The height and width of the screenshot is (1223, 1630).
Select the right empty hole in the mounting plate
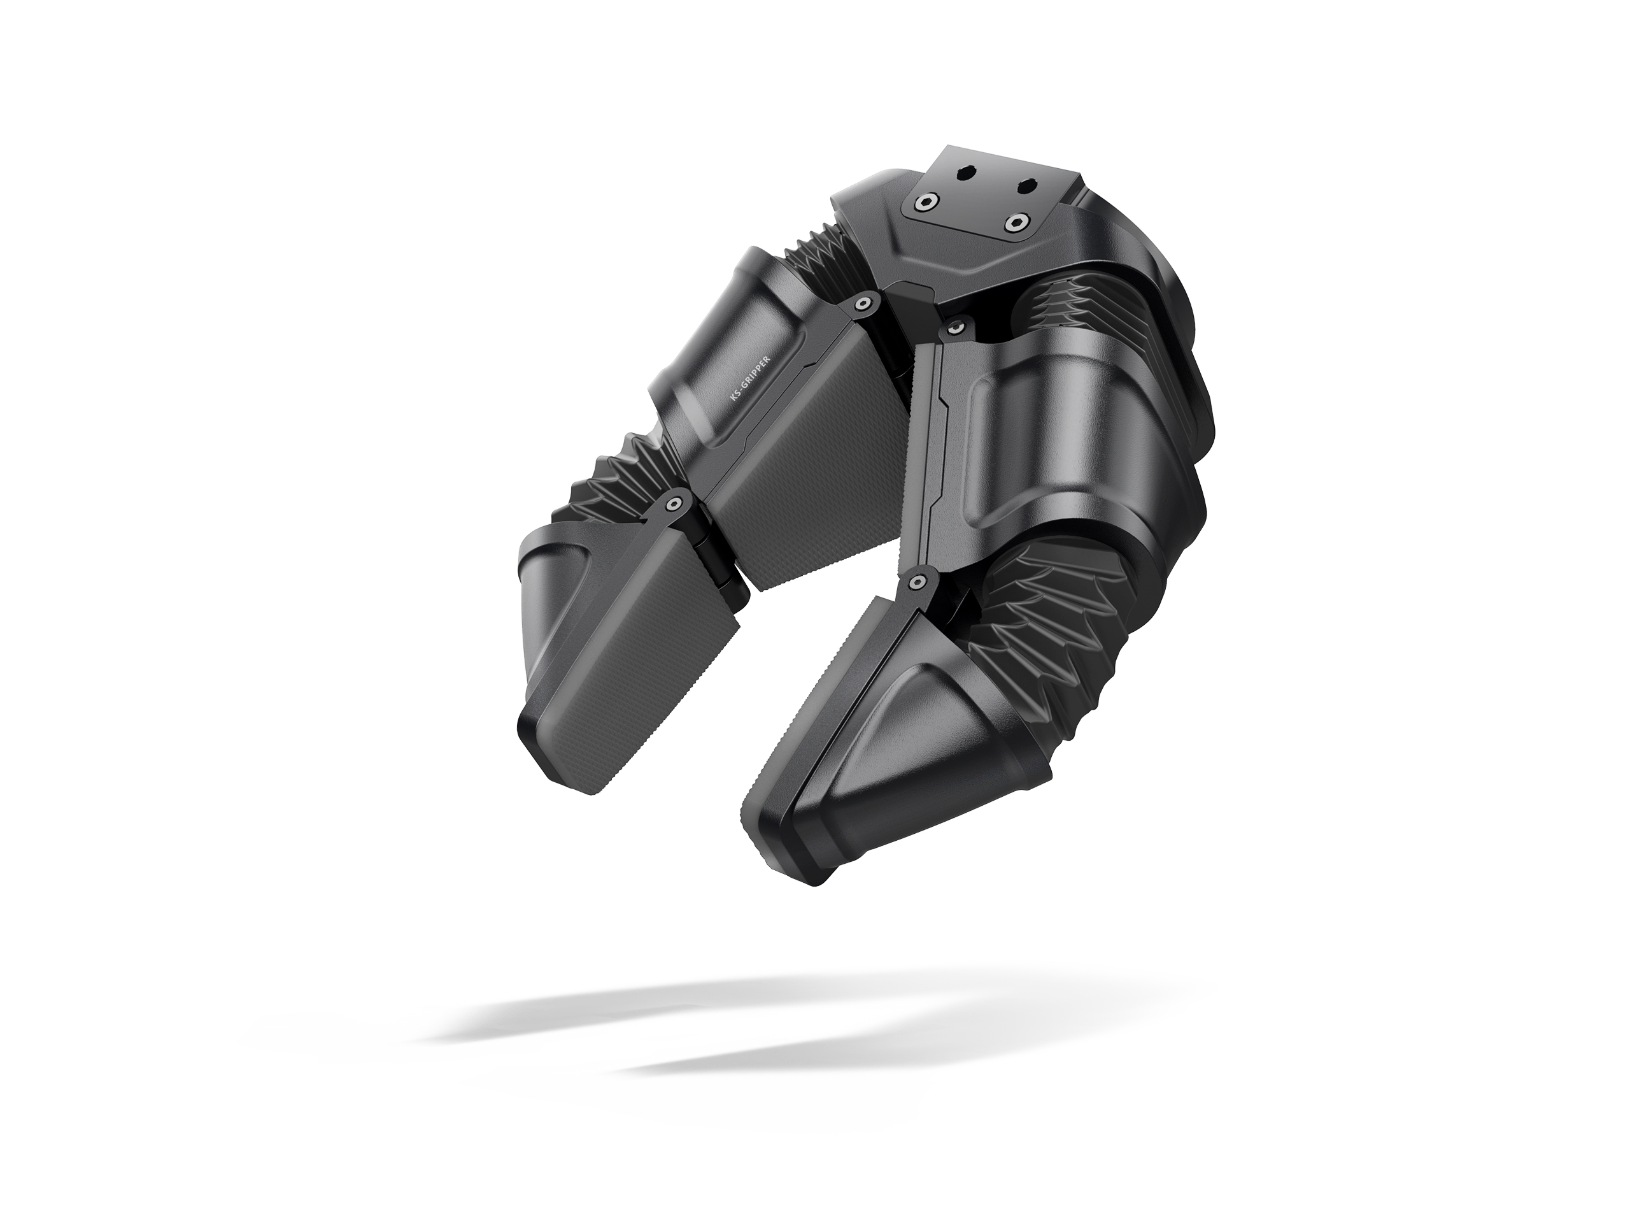tap(1026, 187)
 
